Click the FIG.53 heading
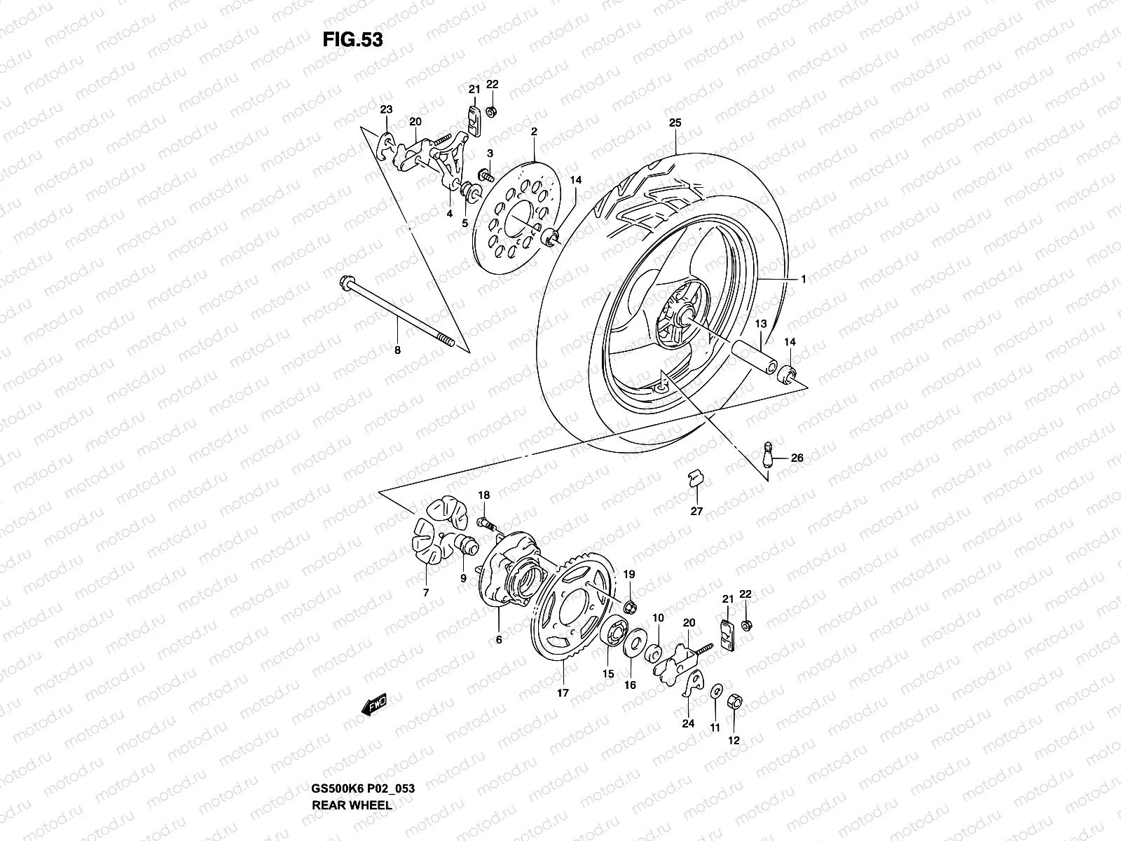pyautogui.click(x=352, y=39)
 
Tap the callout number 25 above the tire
pyautogui.click(x=675, y=123)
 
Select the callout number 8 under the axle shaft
pyautogui.click(x=397, y=350)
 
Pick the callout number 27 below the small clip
pyautogui.click(x=696, y=512)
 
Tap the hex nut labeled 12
pyautogui.click(x=736, y=701)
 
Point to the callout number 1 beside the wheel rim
pyautogui.click(x=804, y=279)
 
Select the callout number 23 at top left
pyautogui.click(x=387, y=109)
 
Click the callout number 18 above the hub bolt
pyautogui.click(x=484, y=495)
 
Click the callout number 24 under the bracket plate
pyautogui.click(x=688, y=724)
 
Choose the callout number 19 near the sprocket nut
pyautogui.click(x=629, y=575)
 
